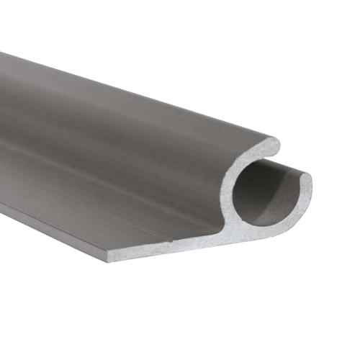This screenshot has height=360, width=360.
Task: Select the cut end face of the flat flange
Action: pos(166,249)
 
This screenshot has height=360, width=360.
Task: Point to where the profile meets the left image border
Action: pos(1,130)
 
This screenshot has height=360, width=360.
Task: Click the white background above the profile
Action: pos(252,58)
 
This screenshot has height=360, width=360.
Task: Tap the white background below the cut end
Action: pos(216,310)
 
